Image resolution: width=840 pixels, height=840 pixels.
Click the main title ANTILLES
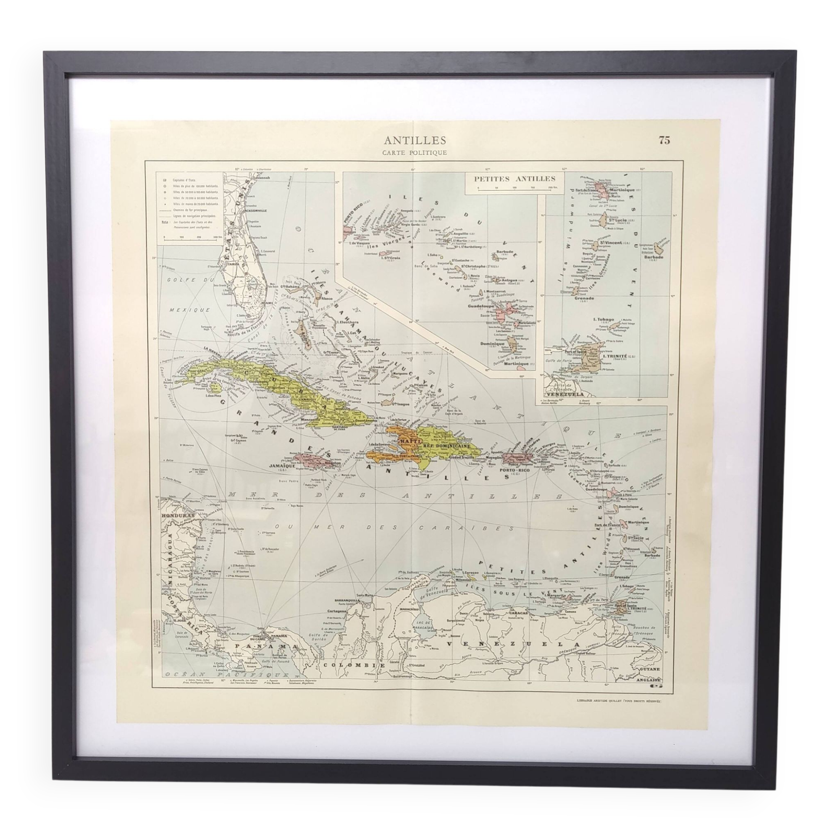pyautogui.click(x=415, y=140)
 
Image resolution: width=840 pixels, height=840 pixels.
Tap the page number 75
pyautogui.click(x=664, y=140)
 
